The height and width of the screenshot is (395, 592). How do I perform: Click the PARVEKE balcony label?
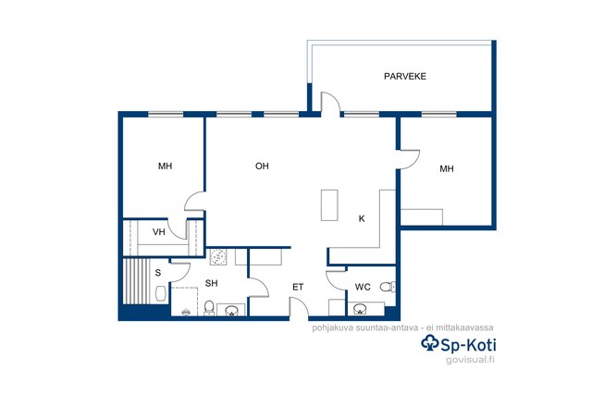point(405,76)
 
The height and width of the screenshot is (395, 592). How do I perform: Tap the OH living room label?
point(262,167)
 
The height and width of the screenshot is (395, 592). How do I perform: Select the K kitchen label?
point(362,218)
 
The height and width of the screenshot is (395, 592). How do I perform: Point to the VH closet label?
point(158,232)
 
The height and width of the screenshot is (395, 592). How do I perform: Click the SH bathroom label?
point(212,283)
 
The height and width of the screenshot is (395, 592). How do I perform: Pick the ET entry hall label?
point(298,288)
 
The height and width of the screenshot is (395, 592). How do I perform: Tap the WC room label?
point(363,288)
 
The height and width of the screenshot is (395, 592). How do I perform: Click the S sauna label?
point(158,273)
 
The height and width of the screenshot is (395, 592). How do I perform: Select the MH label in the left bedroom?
point(165,167)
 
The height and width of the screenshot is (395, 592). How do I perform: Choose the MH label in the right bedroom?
point(447,168)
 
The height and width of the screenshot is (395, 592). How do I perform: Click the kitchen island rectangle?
point(329,205)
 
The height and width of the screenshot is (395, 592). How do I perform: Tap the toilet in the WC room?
point(388,287)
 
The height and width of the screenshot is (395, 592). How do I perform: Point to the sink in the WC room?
point(360,309)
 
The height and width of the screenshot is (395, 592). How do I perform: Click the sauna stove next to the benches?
point(161,293)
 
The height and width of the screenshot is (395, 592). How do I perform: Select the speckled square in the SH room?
point(218,257)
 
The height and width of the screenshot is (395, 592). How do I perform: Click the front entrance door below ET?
point(299,306)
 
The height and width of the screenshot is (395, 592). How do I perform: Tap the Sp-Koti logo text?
point(459,343)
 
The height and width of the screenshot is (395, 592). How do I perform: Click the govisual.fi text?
point(470,360)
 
